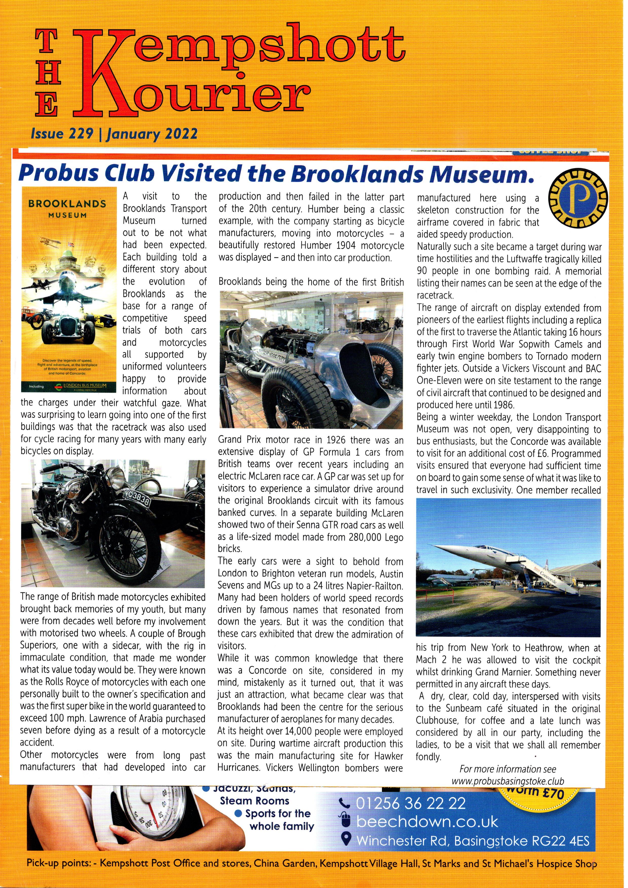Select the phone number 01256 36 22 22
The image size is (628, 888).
pyautogui.click(x=411, y=803)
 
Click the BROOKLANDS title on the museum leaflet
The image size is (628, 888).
pyautogui.click(x=67, y=203)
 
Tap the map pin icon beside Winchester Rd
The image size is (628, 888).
pyautogui.click(x=347, y=840)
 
